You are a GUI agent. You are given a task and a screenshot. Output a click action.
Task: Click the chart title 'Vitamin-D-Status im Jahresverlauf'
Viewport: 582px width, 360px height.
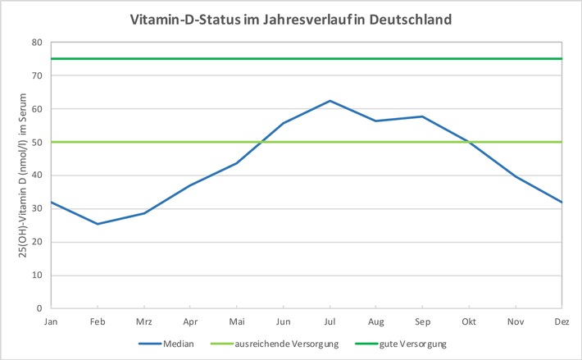click(x=291, y=19)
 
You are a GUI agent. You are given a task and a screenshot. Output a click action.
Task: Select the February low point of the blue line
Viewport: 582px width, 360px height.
click(x=98, y=224)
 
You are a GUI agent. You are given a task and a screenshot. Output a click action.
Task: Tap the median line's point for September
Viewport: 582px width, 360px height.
click(x=422, y=116)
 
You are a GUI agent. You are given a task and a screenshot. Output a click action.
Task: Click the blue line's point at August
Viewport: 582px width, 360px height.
click(x=376, y=121)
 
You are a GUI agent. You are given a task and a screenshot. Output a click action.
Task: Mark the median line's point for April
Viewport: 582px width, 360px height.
click(x=190, y=185)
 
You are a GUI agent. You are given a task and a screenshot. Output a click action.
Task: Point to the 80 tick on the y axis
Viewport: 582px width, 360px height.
click(x=38, y=42)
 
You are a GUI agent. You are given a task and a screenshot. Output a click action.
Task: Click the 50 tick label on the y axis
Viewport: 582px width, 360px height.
click(x=38, y=142)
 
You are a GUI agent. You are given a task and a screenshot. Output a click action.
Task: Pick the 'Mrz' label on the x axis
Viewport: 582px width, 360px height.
click(x=144, y=321)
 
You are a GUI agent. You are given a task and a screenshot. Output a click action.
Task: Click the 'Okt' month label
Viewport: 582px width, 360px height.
click(x=469, y=321)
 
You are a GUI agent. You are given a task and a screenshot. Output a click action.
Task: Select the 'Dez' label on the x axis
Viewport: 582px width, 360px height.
click(x=562, y=321)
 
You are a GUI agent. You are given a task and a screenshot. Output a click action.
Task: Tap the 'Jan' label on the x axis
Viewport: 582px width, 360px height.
click(x=52, y=321)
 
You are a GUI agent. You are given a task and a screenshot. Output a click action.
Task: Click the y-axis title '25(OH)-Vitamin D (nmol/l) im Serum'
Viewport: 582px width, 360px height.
click(x=15, y=175)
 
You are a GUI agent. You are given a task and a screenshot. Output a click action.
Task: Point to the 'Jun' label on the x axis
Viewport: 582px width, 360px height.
click(x=284, y=321)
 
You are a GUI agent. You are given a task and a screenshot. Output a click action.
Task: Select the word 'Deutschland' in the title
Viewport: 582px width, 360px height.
click(x=407, y=19)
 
